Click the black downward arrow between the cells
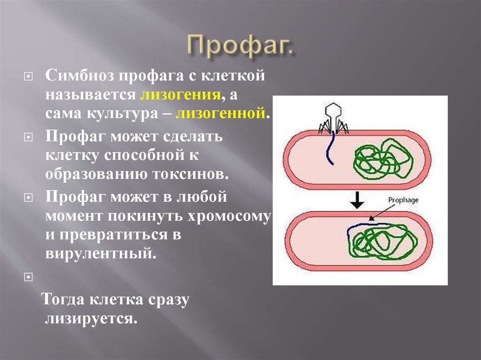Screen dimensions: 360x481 point(358,200)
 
